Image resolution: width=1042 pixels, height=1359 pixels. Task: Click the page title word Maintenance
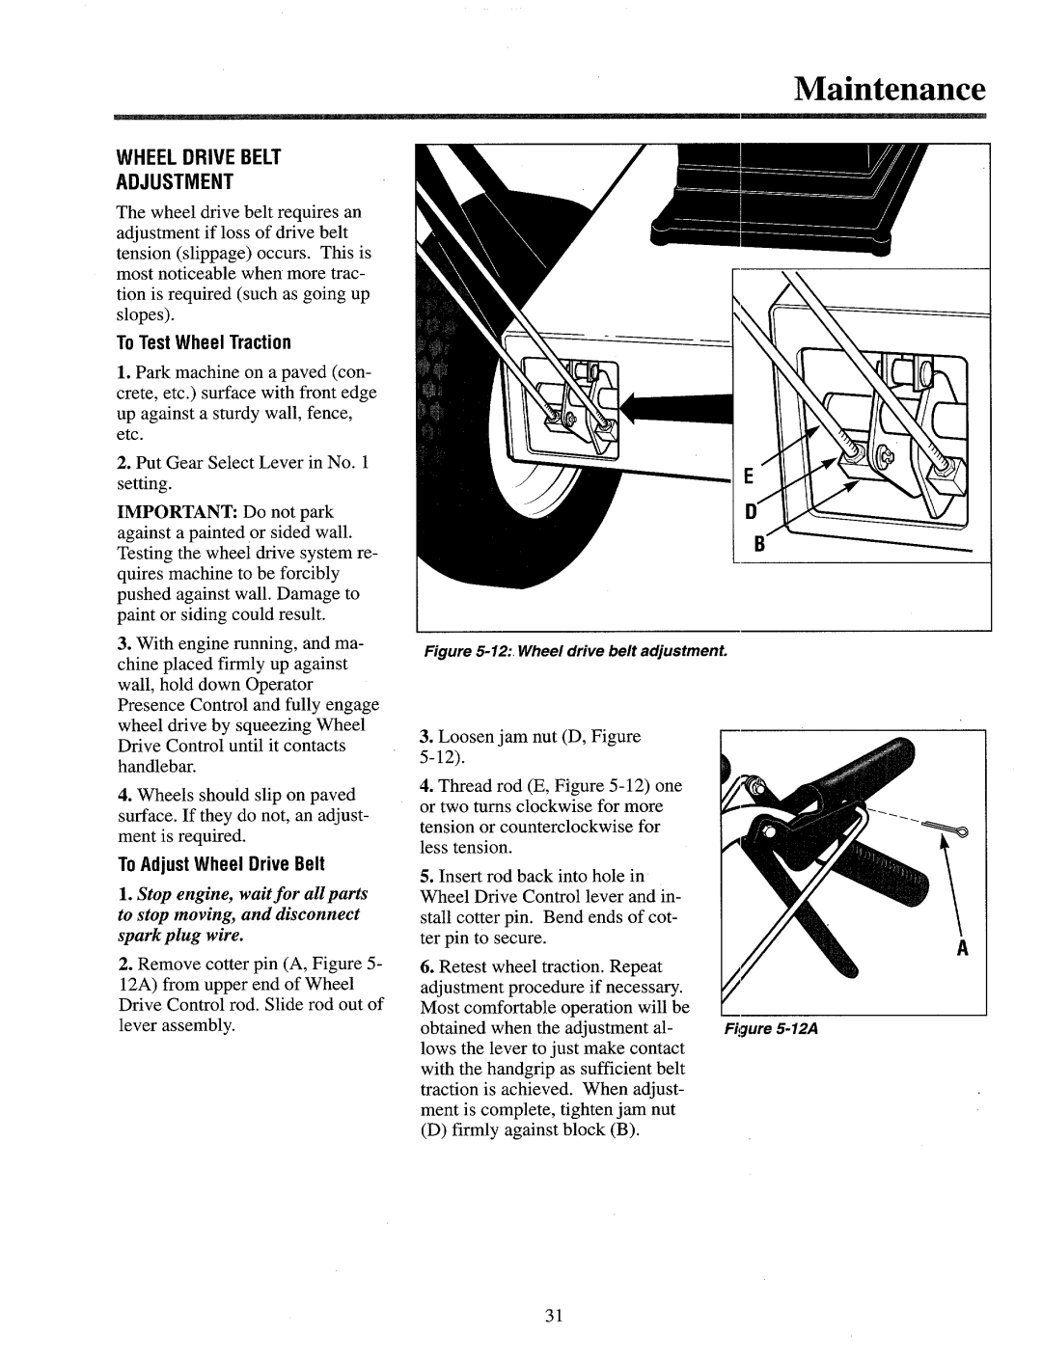pyautogui.click(x=891, y=90)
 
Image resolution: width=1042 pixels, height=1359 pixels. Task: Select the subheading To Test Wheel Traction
pyautogui.click(x=205, y=342)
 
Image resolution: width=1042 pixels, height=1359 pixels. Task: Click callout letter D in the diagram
pyautogui.click(x=744, y=515)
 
